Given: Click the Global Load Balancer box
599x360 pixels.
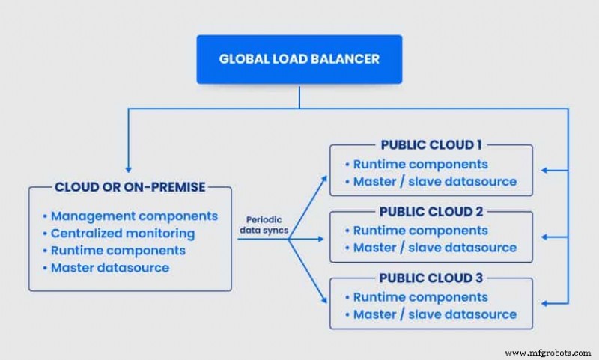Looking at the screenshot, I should pos(299,58).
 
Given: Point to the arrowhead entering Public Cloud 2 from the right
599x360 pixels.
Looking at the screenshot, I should pos(544,237).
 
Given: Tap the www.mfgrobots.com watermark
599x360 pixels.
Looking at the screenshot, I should pos(547,352).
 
